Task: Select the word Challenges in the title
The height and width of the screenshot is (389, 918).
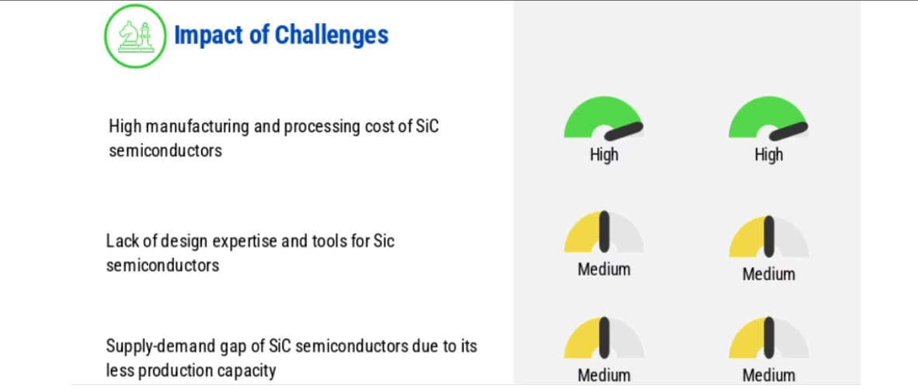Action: [332, 35]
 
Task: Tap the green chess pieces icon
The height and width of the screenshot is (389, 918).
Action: [135, 36]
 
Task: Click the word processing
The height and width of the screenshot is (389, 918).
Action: [327, 127]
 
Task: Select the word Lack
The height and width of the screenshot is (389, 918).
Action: [122, 241]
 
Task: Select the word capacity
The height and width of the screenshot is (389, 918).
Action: [246, 371]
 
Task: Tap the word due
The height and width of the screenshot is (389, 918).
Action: [427, 346]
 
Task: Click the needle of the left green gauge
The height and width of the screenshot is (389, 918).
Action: [624, 132]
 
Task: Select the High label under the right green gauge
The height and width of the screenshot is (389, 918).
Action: [769, 155]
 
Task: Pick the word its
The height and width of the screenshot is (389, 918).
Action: [468, 346]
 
